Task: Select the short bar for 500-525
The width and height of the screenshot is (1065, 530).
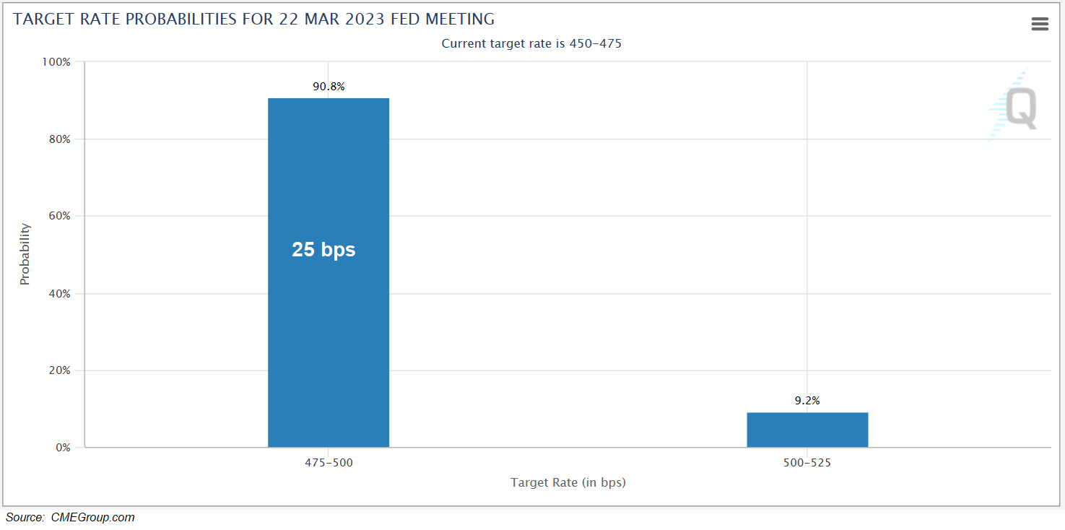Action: pos(807,430)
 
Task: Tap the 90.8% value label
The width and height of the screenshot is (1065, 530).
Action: pos(329,87)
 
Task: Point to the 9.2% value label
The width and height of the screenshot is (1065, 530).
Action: pos(807,401)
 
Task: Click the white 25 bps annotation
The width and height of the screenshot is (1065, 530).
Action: pos(323,250)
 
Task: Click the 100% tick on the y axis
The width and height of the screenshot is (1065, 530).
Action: pos(56,62)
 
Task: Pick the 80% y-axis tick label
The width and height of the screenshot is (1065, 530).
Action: pos(58,139)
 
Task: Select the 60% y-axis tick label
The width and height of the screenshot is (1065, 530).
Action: pos(58,217)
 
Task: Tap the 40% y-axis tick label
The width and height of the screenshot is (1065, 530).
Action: pos(58,294)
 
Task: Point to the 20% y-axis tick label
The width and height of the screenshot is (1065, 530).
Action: pos(58,370)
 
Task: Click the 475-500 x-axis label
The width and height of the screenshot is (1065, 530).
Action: pos(329,463)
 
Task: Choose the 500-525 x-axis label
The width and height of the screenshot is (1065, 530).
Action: pos(807,463)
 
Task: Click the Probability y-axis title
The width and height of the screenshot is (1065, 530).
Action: pos(25,253)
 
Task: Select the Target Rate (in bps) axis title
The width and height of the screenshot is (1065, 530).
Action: pos(568,482)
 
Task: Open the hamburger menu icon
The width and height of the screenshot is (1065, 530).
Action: pos(1040,25)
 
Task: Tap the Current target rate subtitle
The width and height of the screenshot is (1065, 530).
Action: pos(531,43)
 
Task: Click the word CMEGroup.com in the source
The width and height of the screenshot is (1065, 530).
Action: pos(92,517)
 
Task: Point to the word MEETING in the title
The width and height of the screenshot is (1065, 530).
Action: pos(461,19)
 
